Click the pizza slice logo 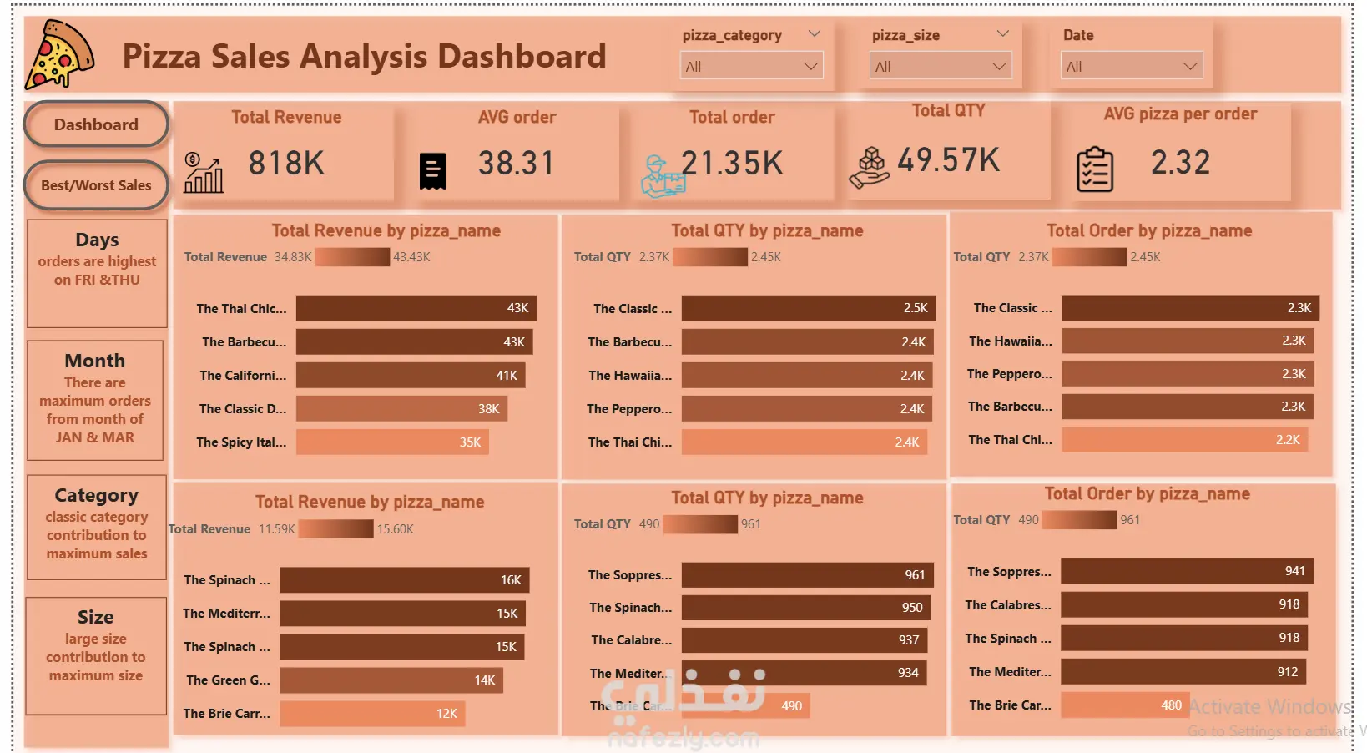click(x=59, y=55)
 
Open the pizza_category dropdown click(x=751, y=66)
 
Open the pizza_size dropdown click(x=940, y=66)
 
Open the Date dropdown click(x=1131, y=66)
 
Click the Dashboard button click(x=96, y=124)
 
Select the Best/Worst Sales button click(x=96, y=185)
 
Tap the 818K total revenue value click(x=286, y=163)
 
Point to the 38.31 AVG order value click(x=516, y=163)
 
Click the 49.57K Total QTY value click(x=948, y=159)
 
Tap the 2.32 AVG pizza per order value click(x=1180, y=162)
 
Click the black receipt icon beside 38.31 click(x=432, y=171)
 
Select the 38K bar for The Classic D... click(x=401, y=408)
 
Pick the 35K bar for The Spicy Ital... click(x=392, y=442)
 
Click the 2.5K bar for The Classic click(x=808, y=308)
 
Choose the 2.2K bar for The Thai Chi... click(x=1184, y=439)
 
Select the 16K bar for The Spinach click(x=404, y=579)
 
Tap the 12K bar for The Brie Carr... click(x=371, y=713)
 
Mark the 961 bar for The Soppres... click(x=807, y=574)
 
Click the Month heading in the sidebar click(x=95, y=361)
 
